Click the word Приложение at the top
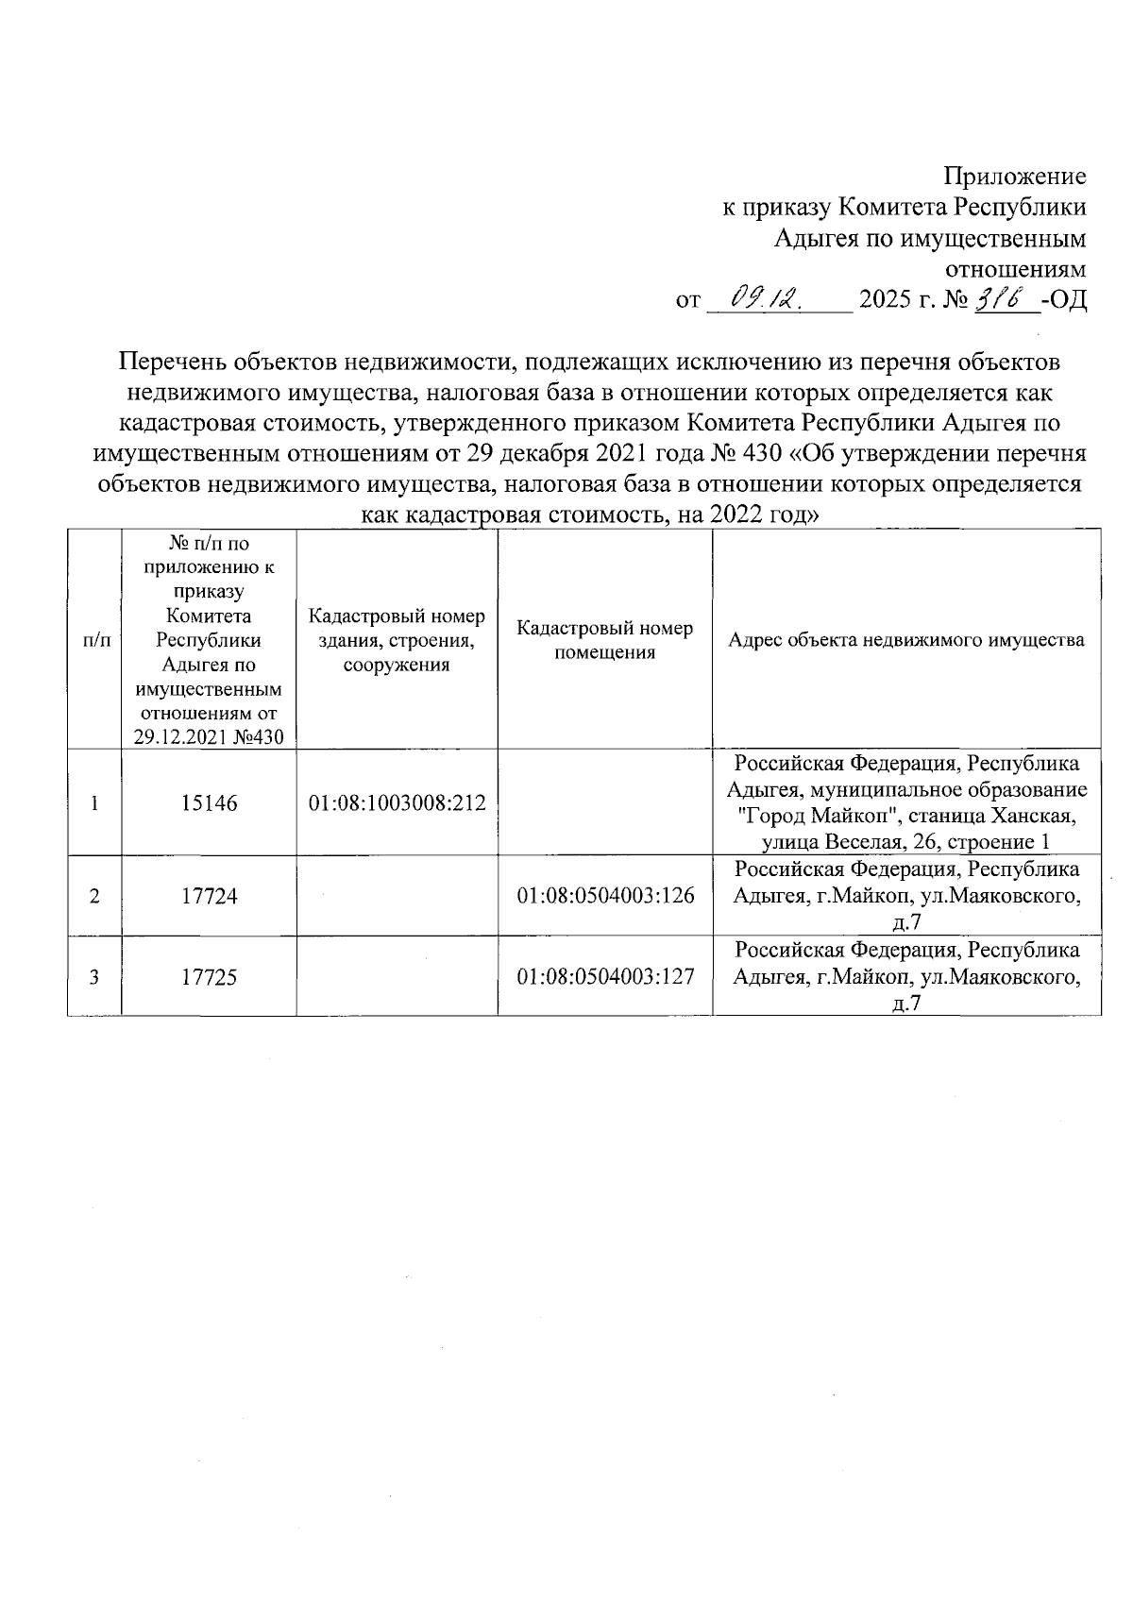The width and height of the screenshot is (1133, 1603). pyautogui.click(x=1015, y=177)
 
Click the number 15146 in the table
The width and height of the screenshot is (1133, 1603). pyautogui.click(x=209, y=803)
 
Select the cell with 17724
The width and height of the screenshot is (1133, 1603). pyautogui.click(x=209, y=896)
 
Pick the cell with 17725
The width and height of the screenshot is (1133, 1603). pyautogui.click(x=209, y=977)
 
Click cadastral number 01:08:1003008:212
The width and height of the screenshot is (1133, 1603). pyautogui.click(x=397, y=803)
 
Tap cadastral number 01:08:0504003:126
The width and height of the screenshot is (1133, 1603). pyautogui.click(x=605, y=896)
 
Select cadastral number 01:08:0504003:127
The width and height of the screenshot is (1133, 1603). pyautogui.click(x=605, y=977)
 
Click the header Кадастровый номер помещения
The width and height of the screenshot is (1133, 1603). pyautogui.click(x=605, y=640)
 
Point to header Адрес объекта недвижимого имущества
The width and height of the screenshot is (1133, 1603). pyautogui.click(x=906, y=640)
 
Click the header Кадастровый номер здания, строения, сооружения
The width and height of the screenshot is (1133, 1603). pyautogui.click(x=397, y=640)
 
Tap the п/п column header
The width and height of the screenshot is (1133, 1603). pyautogui.click(x=95, y=641)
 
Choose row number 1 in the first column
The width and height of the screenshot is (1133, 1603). pyautogui.click(x=94, y=803)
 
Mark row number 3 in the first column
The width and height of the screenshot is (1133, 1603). pyautogui.click(x=94, y=977)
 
